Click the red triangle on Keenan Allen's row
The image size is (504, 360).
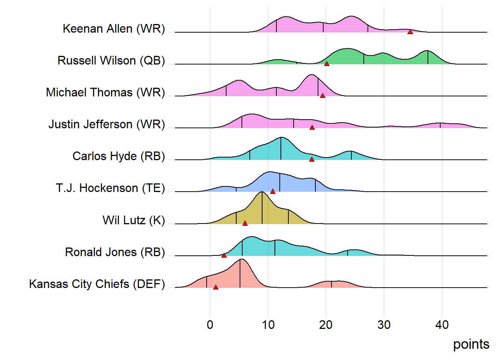(x=410, y=32)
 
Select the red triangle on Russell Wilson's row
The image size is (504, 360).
(x=327, y=64)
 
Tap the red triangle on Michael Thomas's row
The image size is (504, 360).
(x=322, y=96)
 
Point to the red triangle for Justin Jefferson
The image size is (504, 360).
(x=312, y=127)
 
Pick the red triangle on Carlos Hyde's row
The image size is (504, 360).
(x=312, y=159)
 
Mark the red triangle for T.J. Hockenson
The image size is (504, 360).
(x=273, y=191)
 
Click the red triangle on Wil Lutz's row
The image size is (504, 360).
(x=245, y=223)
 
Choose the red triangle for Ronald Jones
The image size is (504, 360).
(x=224, y=255)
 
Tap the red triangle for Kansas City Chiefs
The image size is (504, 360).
(x=216, y=287)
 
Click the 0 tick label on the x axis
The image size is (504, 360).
(x=210, y=325)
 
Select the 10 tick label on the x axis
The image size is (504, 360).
(x=268, y=325)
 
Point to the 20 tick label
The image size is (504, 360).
(x=326, y=325)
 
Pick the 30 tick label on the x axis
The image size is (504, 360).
(x=384, y=325)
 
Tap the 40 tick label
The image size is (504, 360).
(x=442, y=325)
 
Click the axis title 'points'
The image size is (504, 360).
(x=471, y=344)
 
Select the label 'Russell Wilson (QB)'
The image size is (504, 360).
(x=111, y=60)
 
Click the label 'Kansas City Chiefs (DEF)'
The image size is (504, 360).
(x=97, y=284)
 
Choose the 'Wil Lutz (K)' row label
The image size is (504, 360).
(x=133, y=220)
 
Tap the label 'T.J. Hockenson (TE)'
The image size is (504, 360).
(x=110, y=188)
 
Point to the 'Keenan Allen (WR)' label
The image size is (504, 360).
(x=114, y=28)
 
